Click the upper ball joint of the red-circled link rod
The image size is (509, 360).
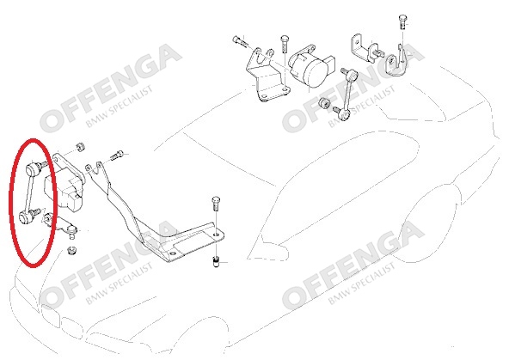coord(32,168)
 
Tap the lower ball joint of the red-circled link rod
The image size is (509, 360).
coord(25,217)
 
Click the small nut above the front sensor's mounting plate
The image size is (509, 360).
coord(80,147)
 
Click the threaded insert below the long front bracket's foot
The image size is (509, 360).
coord(217,261)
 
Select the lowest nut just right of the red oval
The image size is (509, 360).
coord(71,250)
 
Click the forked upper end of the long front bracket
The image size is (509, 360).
coord(95,169)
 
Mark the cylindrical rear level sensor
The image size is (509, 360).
coord(311,67)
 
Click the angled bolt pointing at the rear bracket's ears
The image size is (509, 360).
coord(240,41)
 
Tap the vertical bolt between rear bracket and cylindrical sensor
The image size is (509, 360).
coord(284,43)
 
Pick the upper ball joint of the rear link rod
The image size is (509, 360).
coord(353,76)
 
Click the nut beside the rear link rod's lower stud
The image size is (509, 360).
coord(324,103)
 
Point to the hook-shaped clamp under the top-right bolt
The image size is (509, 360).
coord(396,64)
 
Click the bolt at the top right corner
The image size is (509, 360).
coord(402,21)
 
